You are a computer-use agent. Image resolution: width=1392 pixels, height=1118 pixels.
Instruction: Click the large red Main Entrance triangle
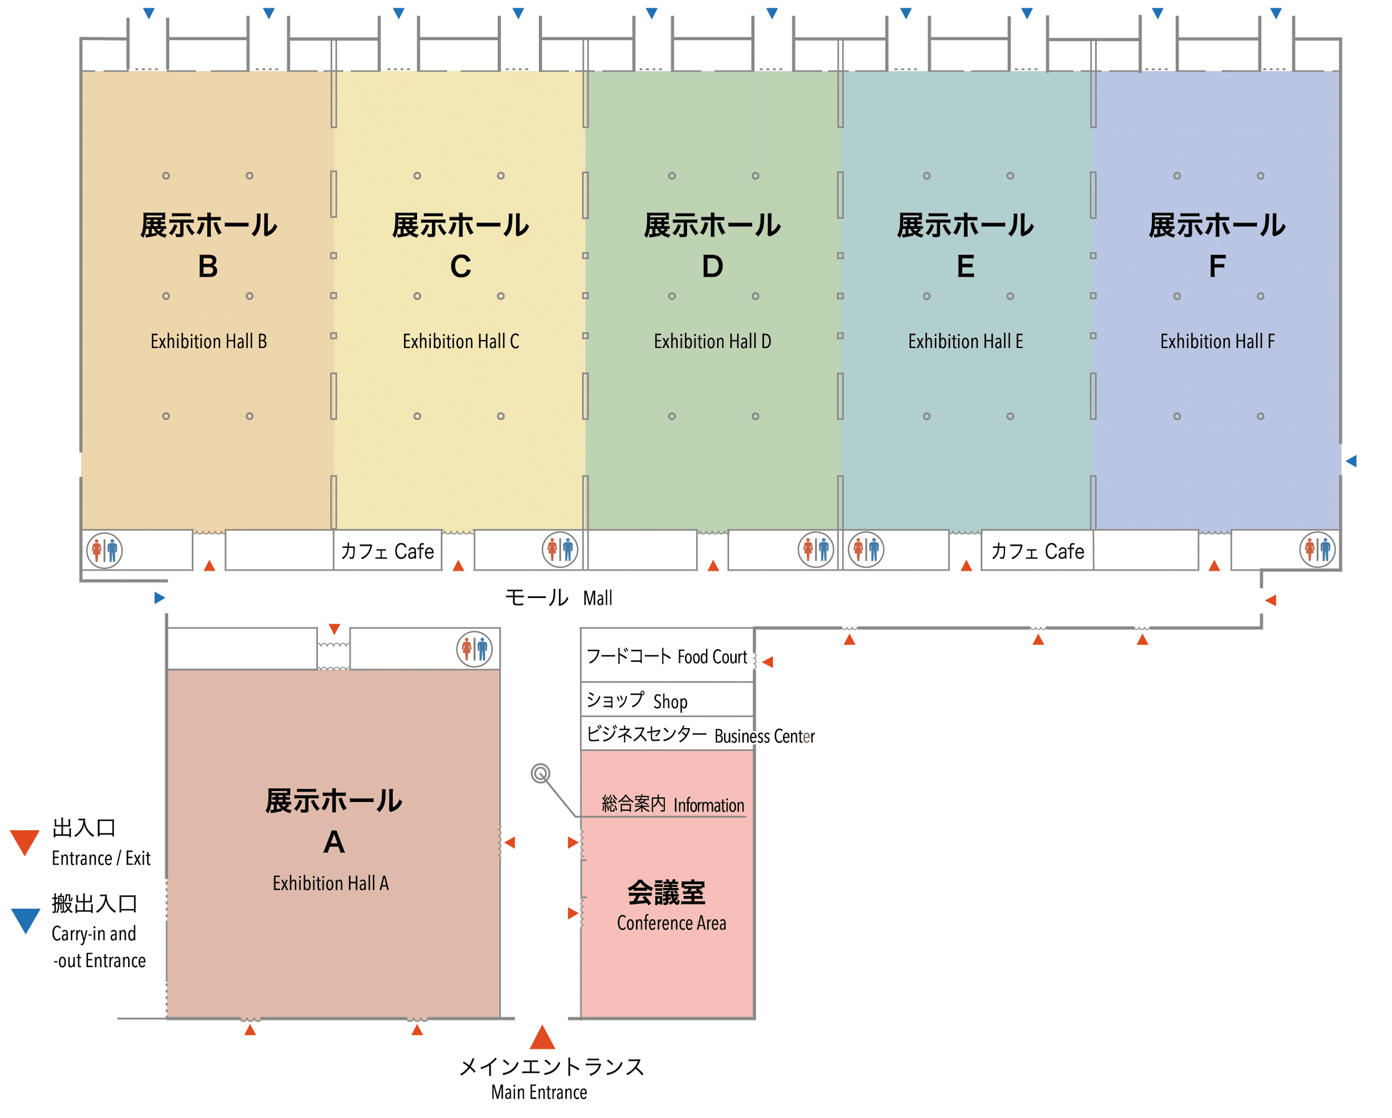tap(542, 1037)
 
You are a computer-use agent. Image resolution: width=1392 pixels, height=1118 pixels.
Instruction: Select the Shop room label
tap(636, 701)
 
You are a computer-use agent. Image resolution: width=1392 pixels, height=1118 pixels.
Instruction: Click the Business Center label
tap(700, 735)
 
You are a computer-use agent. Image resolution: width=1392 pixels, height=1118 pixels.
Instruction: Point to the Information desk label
tap(672, 805)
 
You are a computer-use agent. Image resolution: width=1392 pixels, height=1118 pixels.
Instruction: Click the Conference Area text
tap(671, 923)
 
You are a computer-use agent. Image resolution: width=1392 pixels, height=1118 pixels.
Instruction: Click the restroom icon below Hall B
tap(105, 551)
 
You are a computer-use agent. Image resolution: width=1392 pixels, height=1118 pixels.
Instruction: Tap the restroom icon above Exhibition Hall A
tap(474, 649)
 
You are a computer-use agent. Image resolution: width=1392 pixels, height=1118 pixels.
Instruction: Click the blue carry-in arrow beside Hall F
tap(1351, 461)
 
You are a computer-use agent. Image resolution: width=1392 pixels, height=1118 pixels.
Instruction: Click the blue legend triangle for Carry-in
tap(26, 919)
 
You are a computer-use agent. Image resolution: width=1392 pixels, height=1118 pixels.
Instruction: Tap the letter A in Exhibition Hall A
tap(334, 842)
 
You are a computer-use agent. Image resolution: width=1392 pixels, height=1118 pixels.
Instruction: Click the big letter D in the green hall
tap(712, 266)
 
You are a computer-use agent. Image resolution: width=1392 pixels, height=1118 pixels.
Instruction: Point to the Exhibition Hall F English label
tap(1217, 341)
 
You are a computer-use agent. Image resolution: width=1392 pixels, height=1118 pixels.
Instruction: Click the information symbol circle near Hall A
tap(541, 773)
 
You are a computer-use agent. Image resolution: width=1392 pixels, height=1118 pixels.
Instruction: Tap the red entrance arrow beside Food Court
tap(768, 661)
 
